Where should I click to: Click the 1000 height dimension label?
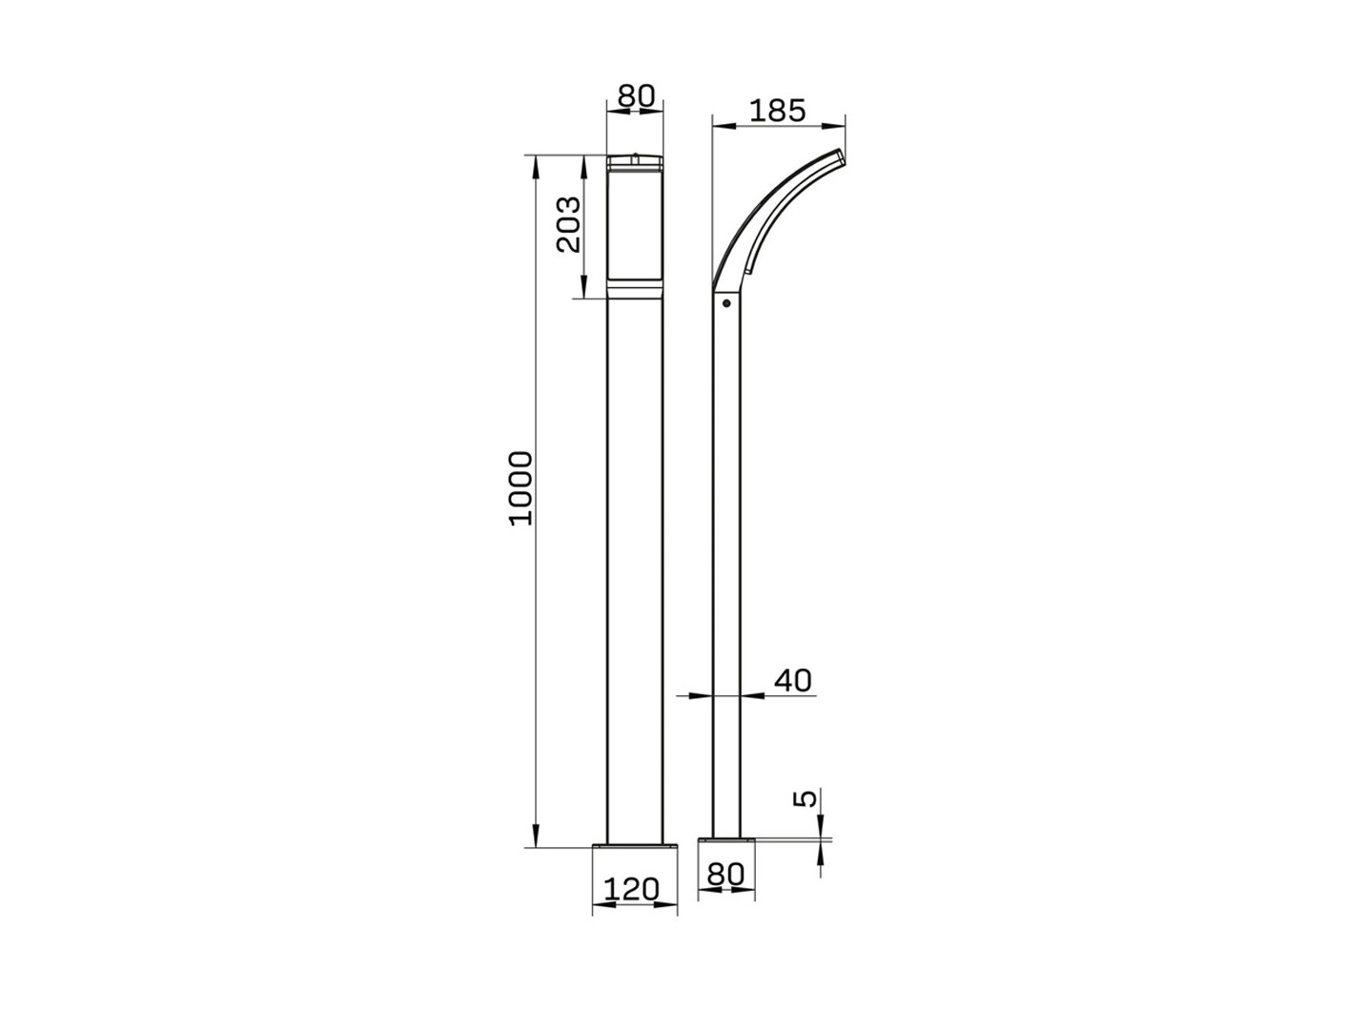pos(521,488)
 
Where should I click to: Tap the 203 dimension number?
pos(568,225)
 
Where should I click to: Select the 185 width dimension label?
pos(778,111)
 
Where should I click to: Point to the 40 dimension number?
pos(793,680)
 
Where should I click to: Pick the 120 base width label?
pos(631,890)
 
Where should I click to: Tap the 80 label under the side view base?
pos(725,875)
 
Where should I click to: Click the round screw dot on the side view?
pos(726,303)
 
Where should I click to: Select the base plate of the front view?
pos(635,847)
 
